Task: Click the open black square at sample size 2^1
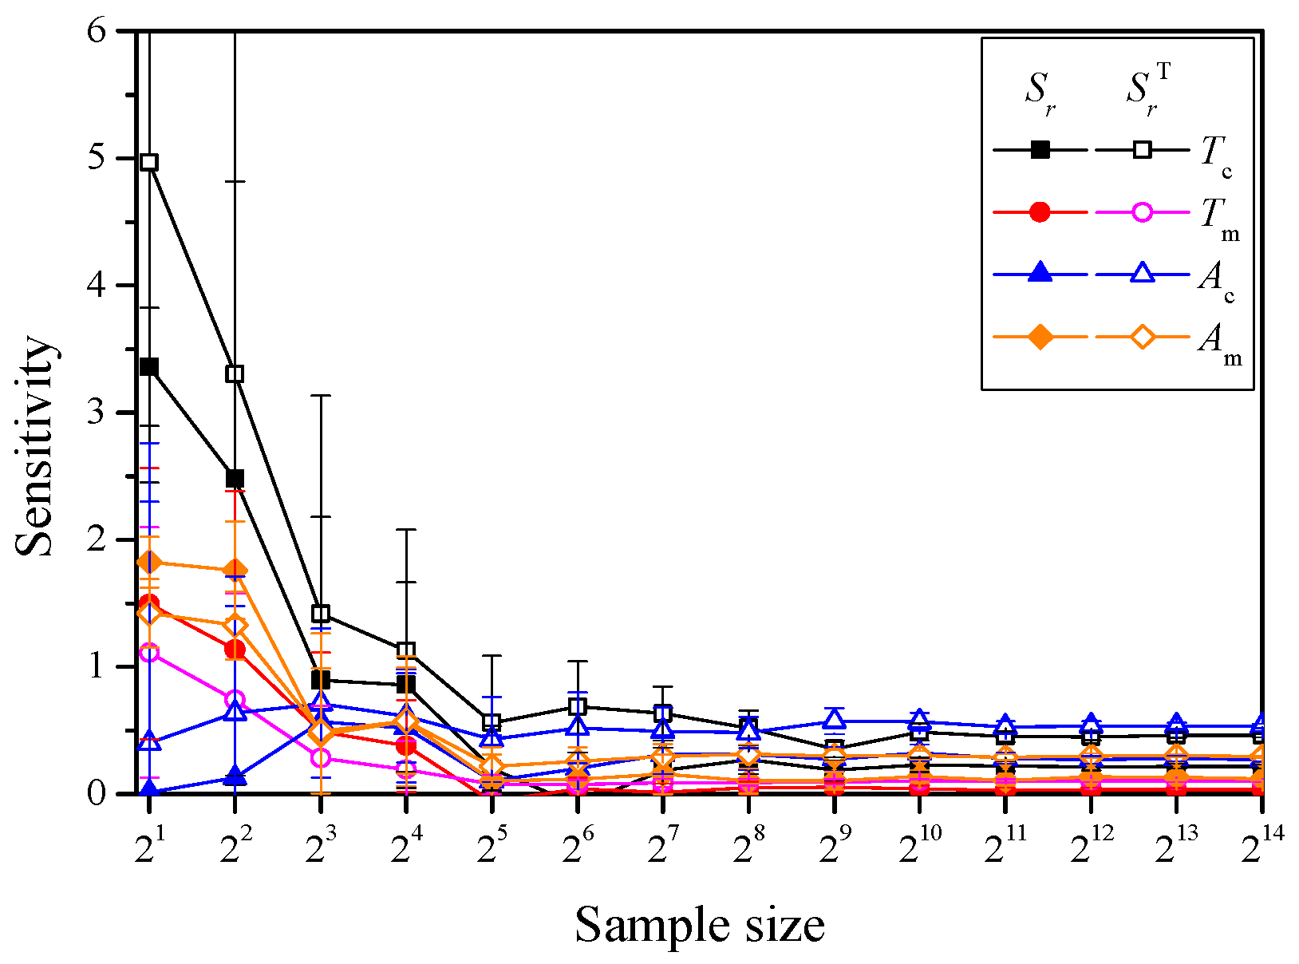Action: click(148, 162)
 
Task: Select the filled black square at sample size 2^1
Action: click(148, 367)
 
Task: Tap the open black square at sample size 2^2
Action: click(235, 373)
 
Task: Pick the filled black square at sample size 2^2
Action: click(235, 479)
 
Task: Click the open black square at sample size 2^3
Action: click(321, 614)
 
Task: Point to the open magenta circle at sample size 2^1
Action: click(148, 653)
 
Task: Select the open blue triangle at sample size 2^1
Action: click(148, 742)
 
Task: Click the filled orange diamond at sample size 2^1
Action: click(148, 563)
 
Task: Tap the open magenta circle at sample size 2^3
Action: click(321, 757)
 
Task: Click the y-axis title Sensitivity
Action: click(36, 447)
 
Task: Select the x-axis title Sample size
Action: click(699, 926)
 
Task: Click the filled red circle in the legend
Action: click(1040, 212)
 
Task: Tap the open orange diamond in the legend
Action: click(1143, 338)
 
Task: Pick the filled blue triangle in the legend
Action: click(1040, 274)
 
